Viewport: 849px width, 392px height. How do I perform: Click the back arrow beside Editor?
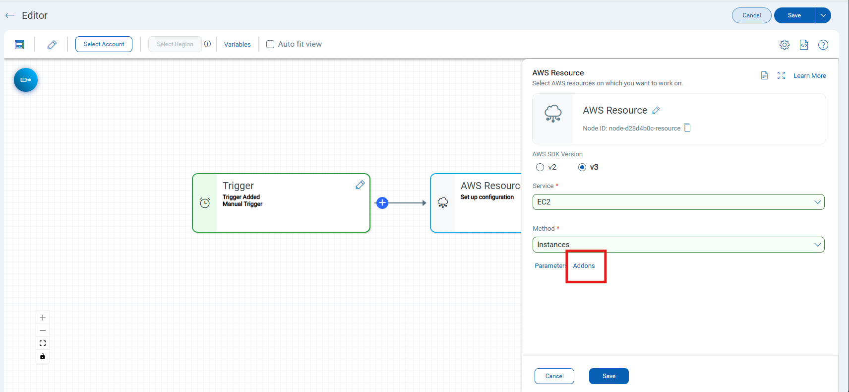pos(10,15)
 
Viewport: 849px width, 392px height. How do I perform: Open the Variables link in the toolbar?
pos(237,44)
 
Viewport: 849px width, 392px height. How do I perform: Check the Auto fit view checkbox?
pos(270,44)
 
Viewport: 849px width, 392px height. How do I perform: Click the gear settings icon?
pos(784,45)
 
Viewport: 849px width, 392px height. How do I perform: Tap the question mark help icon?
pos(823,45)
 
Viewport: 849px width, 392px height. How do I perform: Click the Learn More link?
pos(810,75)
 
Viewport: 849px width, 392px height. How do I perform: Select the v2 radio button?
pos(540,167)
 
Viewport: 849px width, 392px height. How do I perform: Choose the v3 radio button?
pos(582,167)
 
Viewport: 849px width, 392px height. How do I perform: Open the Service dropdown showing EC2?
pos(678,202)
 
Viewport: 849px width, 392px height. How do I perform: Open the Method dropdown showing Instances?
pos(678,245)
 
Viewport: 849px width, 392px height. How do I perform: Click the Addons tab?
pos(584,266)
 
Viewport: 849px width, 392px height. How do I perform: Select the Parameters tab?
pos(550,266)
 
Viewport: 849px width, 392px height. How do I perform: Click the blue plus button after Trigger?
pos(382,203)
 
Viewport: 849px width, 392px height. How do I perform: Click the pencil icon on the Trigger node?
pos(360,185)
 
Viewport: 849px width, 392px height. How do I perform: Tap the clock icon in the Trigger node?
pos(205,203)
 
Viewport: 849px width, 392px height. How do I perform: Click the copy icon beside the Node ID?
pos(687,128)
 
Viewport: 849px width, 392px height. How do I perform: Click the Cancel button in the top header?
pos(751,15)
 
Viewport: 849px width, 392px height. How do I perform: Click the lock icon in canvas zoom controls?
pos(43,356)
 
